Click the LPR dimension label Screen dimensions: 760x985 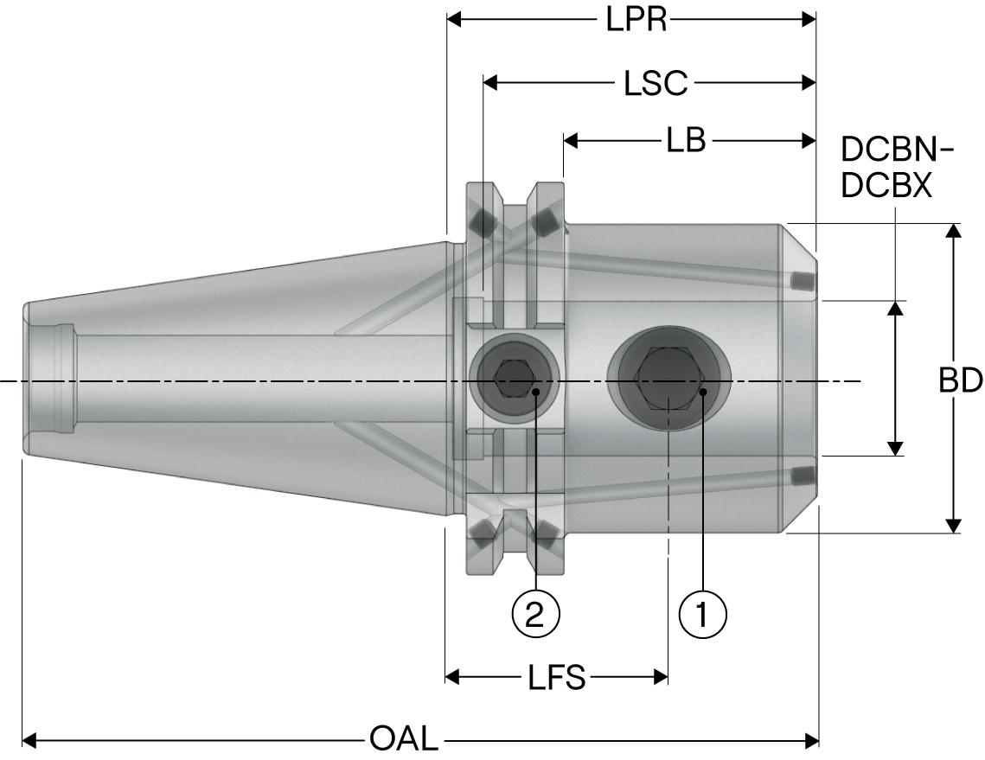point(636,19)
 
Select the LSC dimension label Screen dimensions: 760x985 point(656,83)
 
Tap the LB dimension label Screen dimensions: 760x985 point(686,140)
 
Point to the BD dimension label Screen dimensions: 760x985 point(960,380)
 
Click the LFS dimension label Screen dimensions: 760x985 point(557,678)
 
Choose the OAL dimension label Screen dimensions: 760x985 point(404,740)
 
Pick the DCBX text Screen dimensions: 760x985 point(886,186)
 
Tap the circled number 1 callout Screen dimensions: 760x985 point(702,614)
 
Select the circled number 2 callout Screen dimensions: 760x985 point(536,614)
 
